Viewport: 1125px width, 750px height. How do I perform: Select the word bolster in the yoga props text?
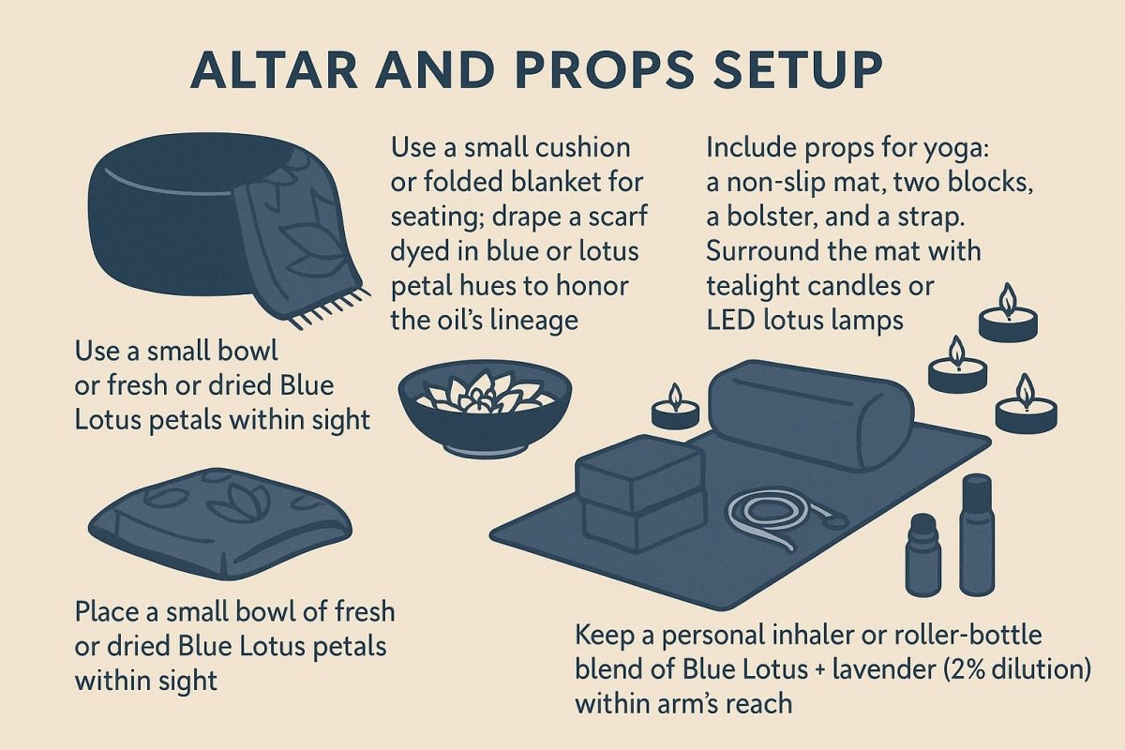click(756, 217)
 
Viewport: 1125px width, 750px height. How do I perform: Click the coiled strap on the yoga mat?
click(774, 511)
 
